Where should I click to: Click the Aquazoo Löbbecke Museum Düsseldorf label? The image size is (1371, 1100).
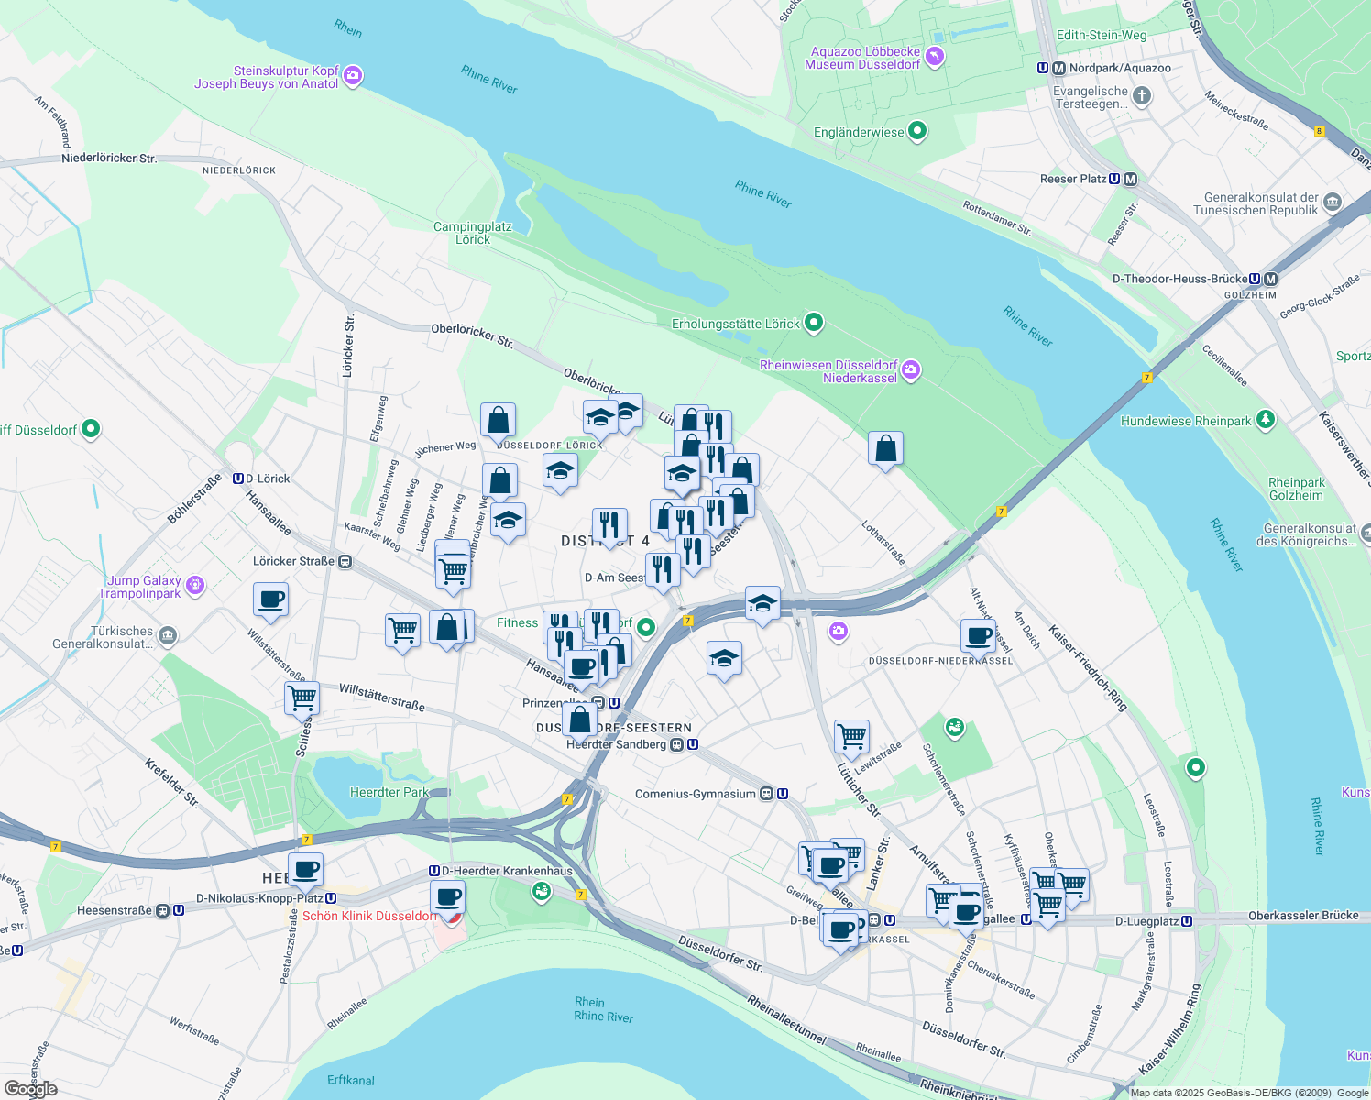[862, 58]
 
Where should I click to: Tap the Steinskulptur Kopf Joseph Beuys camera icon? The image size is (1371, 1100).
[353, 76]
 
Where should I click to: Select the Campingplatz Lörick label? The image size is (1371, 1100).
[472, 233]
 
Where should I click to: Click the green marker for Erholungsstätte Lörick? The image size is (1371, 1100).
[813, 323]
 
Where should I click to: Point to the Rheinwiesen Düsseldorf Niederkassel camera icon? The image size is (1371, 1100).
[911, 370]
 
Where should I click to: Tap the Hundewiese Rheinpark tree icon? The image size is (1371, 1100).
[1266, 420]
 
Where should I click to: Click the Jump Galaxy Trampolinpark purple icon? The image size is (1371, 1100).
[194, 586]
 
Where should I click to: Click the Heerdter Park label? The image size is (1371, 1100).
[389, 792]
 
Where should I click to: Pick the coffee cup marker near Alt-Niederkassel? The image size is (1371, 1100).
[978, 634]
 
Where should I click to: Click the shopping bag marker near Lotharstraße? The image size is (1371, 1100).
[885, 448]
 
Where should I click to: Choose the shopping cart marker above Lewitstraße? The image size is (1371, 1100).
[851, 735]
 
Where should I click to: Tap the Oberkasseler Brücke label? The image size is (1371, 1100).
[1303, 915]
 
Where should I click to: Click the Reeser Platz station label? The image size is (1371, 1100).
[1073, 179]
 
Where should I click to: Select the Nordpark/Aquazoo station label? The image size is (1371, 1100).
[1120, 68]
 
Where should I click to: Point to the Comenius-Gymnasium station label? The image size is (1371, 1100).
[696, 794]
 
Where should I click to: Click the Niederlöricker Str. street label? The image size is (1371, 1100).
[109, 158]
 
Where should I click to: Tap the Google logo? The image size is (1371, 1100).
[31, 1089]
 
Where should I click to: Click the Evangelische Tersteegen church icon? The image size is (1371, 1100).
[1141, 95]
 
